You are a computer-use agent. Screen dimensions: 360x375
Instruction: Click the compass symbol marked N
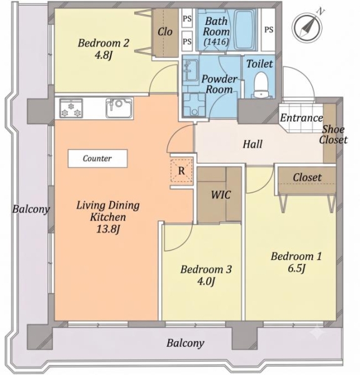click(307, 27)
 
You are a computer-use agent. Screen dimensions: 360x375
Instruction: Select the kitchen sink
click(119, 108)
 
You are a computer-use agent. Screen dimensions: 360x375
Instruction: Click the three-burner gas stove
click(71, 108)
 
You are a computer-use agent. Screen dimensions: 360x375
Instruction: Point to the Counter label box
click(97, 158)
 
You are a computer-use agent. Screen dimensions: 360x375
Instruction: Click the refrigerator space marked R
click(181, 171)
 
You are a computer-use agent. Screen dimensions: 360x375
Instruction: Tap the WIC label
click(221, 194)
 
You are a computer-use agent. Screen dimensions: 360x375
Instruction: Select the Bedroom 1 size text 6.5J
click(296, 268)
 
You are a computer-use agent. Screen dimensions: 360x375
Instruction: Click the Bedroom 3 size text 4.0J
click(206, 281)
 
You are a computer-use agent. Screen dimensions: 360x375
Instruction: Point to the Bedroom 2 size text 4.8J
click(103, 56)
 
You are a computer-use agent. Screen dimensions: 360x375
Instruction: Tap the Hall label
click(252, 144)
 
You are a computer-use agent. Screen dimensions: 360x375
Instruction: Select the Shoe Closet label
click(333, 134)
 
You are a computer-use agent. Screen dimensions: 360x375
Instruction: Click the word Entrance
click(301, 117)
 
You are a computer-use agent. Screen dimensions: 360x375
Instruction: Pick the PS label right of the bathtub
click(269, 29)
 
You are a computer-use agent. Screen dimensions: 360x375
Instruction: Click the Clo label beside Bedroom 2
click(165, 32)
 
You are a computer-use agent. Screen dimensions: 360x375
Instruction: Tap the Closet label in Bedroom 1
click(307, 177)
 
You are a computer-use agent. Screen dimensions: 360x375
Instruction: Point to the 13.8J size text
click(108, 229)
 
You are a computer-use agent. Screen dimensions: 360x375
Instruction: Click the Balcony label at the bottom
click(186, 343)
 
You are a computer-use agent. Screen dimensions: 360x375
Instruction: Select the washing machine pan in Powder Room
click(194, 105)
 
